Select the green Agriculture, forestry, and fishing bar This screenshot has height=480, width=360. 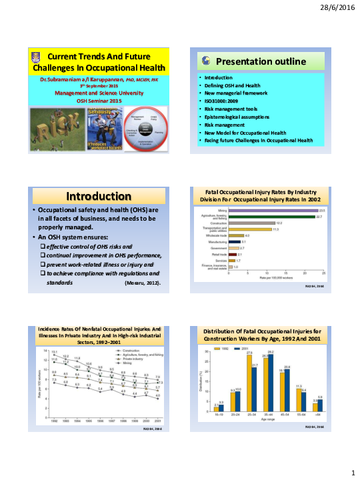coord(271,217)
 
